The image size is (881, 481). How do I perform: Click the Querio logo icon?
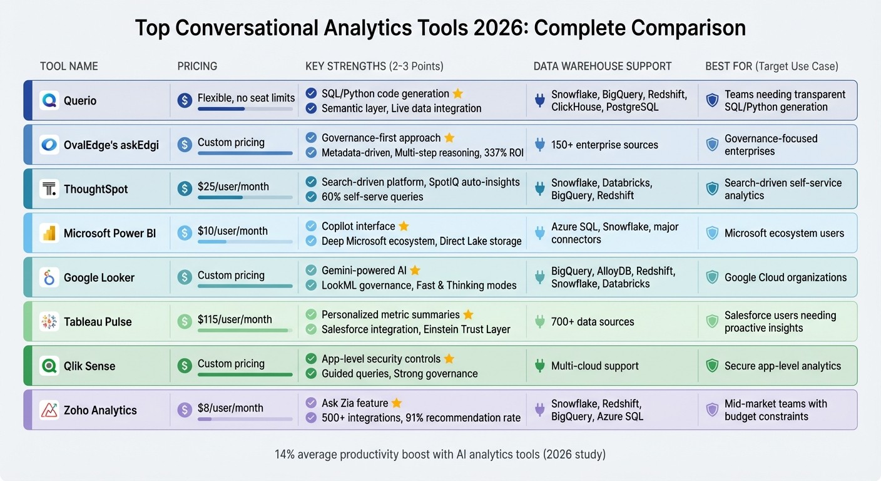[x=49, y=100]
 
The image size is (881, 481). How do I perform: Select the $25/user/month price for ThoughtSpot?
[x=233, y=187]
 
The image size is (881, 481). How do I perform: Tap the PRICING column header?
[x=197, y=66]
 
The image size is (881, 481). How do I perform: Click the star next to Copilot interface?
[x=404, y=226]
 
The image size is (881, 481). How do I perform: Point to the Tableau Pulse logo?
[x=49, y=322]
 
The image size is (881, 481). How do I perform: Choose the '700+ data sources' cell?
[x=593, y=322]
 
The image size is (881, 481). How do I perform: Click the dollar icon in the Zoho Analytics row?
[x=184, y=410]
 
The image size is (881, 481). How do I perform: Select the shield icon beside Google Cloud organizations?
[x=712, y=277]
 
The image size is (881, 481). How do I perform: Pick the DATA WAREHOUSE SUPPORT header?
[x=602, y=66]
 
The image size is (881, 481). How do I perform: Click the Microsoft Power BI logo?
[x=49, y=234]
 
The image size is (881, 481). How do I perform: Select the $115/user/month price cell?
[x=235, y=319]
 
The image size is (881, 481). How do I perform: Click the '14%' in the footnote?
[x=285, y=454]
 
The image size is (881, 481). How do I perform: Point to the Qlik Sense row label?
[x=89, y=366]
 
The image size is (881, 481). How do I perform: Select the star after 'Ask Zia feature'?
[x=397, y=403]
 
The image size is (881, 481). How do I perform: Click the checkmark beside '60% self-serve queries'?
[x=311, y=197]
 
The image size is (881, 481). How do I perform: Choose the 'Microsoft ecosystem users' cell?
[x=784, y=234]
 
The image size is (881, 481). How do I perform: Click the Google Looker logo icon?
[x=49, y=277]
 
